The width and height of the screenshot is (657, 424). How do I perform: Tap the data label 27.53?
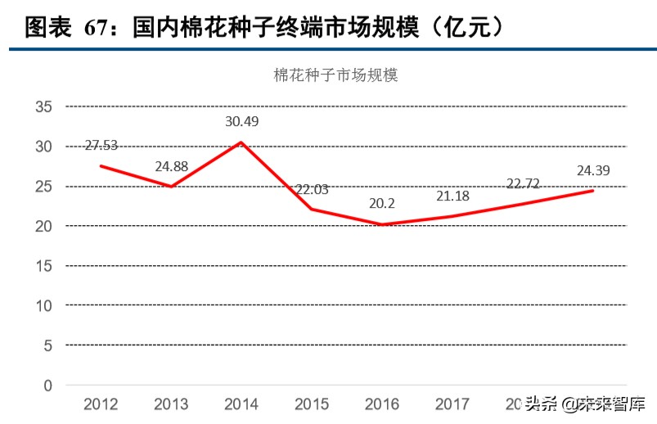(101, 146)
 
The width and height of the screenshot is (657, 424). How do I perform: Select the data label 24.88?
(171, 167)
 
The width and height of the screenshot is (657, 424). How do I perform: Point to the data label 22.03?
(312, 190)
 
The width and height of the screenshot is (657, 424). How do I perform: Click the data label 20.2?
(382, 205)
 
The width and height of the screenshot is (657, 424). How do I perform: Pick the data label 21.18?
(452, 196)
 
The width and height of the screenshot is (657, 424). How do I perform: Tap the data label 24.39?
(592, 171)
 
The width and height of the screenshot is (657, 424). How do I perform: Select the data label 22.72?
(523, 183)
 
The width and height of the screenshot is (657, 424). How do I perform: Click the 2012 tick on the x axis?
(101, 404)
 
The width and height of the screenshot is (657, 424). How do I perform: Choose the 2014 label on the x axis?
(241, 404)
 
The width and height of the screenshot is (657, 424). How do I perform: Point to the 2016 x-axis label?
(382, 404)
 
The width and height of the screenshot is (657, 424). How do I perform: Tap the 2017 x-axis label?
(452, 404)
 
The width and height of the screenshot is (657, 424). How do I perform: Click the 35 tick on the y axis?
(43, 106)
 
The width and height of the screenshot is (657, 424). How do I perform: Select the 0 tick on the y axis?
(47, 386)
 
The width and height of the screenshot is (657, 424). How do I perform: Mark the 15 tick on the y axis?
(43, 266)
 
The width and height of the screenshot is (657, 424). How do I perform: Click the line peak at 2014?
(241, 142)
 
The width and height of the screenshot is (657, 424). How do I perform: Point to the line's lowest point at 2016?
(382, 224)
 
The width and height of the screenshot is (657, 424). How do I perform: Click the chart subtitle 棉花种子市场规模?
(335, 75)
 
